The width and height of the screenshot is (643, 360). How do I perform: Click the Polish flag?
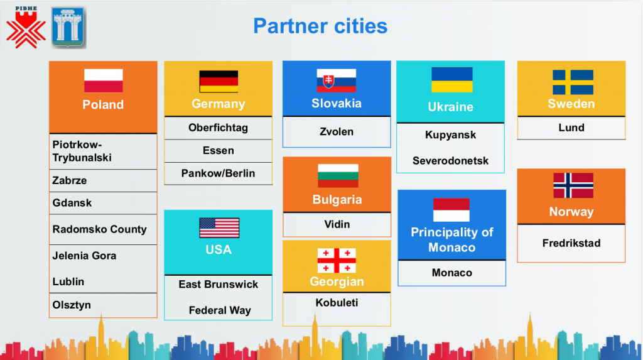[104, 80]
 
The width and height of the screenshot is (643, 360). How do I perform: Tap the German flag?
[219, 81]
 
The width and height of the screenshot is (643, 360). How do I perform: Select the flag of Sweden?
[573, 82]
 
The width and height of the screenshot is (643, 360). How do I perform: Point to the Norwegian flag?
[573, 185]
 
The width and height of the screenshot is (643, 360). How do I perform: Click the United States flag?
[219, 228]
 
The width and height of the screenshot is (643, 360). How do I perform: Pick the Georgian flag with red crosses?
[337, 261]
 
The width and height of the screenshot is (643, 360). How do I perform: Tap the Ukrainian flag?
[452, 80]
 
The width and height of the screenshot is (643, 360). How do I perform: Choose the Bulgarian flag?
[338, 176]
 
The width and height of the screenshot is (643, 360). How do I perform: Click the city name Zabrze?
[69, 180]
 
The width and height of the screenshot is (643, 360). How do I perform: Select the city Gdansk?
[72, 203]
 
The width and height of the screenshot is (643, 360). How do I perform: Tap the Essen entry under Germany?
[218, 151]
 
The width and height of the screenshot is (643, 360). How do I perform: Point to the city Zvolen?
[337, 132]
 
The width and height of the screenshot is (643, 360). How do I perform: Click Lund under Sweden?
[571, 128]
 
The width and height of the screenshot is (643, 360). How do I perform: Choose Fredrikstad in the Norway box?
[571, 243]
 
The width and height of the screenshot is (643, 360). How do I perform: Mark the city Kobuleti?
[337, 303]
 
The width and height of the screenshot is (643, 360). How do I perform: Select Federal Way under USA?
[220, 310]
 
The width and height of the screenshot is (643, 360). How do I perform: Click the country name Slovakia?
[337, 103]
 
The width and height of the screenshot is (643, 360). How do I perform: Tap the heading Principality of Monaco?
[452, 240]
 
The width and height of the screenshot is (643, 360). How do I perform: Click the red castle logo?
[26, 28]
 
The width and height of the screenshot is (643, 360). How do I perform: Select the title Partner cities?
[320, 26]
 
